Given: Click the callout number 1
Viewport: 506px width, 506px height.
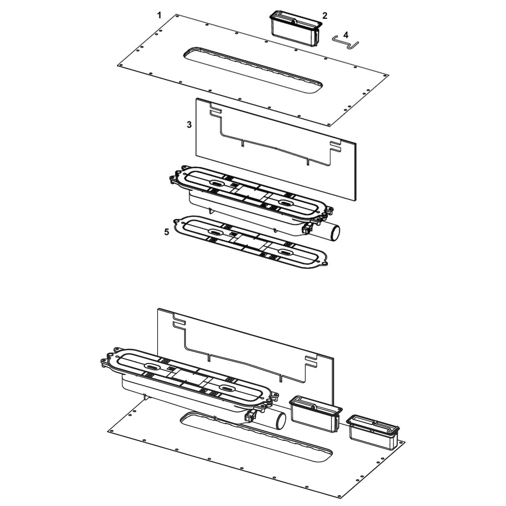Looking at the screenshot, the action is (x=159, y=15).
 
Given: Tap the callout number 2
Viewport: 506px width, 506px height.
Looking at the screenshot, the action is (x=325, y=15).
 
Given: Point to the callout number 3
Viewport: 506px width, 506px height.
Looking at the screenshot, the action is (x=189, y=124).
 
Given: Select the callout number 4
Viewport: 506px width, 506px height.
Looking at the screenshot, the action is (x=346, y=34).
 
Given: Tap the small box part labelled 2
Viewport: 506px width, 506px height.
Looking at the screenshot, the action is (x=295, y=29).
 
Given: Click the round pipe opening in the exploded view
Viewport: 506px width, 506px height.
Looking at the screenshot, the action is (x=335, y=233).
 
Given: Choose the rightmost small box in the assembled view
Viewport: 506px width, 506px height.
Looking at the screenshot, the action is (x=374, y=432).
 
